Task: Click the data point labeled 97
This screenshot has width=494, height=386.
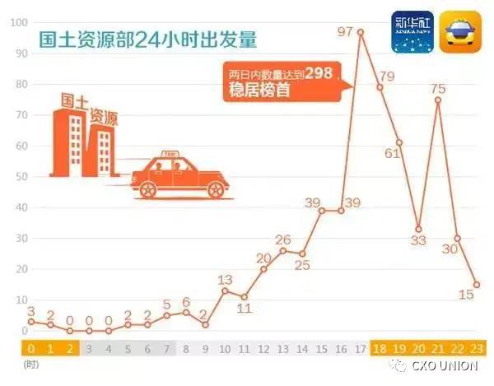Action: click(361, 31)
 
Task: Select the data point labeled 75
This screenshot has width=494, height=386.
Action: click(438, 100)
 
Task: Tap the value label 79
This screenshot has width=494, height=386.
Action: click(387, 77)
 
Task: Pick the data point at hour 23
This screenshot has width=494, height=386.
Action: click(477, 285)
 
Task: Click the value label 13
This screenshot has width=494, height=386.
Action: click(225, 280)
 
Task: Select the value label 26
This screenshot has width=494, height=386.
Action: click(283, 240)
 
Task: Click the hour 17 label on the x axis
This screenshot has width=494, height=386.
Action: click(361, 346)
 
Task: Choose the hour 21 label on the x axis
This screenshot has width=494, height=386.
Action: click(438, 346)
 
